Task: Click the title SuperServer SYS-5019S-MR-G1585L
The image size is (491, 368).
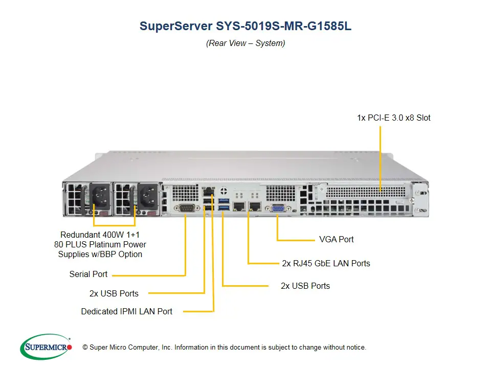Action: point(245,27)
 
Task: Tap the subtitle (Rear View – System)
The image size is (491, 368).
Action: point(245,43)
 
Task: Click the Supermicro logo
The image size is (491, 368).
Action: point(46,347)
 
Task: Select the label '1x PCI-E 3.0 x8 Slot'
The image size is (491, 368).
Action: point(393,118)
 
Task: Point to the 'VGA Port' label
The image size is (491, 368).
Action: point(336,239)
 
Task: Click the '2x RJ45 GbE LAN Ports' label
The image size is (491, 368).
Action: point(326,264)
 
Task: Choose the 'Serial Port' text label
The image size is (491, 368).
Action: point(88,274)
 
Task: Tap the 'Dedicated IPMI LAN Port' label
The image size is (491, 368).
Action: point(126,311)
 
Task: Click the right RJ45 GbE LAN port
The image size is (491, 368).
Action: point(254,206)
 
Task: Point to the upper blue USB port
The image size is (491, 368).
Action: point(222,200)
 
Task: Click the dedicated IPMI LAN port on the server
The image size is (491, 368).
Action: point(208,193)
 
